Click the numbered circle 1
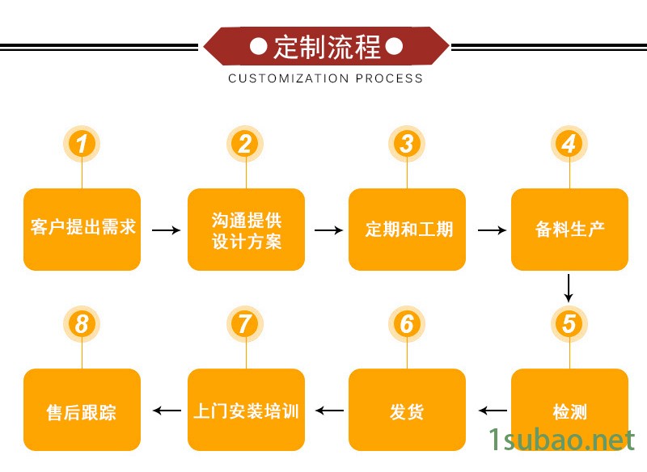[x=82, y=144]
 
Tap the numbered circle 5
[x=569, y=324]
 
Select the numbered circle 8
[x=82, y=324]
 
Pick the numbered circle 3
[x=407, y=144]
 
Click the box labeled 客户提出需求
[x=82, y=229]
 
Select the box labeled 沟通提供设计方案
[x=246, y=229]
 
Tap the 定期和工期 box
[x=407, y=229]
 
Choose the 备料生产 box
[x=569, y=229]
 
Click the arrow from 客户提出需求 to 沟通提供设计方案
[x=166, y=230]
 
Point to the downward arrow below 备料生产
[x=569, y=288]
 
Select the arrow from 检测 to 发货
[x=493, y=411]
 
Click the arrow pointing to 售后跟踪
[x=167, y=411]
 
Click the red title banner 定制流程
[x=326, y=47]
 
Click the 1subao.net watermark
[x=561, y=440]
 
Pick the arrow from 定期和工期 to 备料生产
[x=492, y=230]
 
